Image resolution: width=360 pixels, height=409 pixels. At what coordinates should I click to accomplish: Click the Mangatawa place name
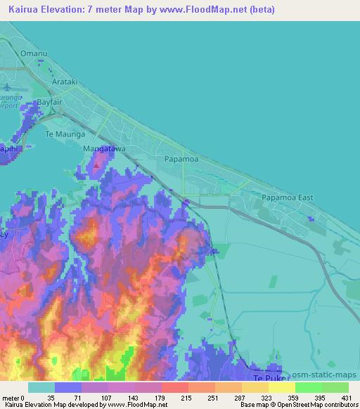(104, 149)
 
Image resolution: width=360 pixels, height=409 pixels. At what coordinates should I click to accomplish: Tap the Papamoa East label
(288, 197)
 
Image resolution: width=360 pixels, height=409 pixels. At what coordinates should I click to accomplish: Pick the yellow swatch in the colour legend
(281, 387)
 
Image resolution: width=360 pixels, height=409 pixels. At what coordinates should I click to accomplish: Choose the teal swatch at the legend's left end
(41, 387)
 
